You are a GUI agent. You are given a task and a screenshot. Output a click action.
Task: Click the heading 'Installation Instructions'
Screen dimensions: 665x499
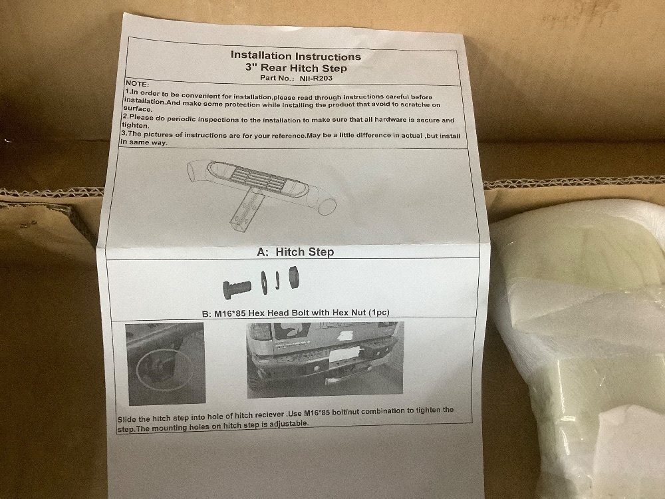pyautogui.click(x=296, y=56)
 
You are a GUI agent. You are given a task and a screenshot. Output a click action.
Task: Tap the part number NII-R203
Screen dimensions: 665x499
pyautogui.click(x=315, y=78)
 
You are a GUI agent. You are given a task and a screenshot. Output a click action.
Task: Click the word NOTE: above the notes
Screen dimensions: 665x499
pyautogui.click(x=136, y=84)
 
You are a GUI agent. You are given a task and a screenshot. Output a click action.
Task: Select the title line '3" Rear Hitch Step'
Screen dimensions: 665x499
pyautogui.click(x=296, y=67)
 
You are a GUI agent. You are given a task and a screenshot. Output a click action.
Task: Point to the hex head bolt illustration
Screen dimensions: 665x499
pyautogui.click(x=237, y=289)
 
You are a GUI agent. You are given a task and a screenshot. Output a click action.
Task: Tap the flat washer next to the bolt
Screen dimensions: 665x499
pyautogui.click(x=264, y=282)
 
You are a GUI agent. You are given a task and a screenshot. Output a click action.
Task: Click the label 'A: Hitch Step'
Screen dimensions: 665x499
pyautogui.click(x=295, y=252)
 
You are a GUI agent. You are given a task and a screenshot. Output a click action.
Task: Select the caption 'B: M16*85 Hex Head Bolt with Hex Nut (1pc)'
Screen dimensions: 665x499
pyautogui.click(x=296, y=313)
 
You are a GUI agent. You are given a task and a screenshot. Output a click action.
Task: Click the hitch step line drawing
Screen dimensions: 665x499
pyautogui.click(x=261, y=190)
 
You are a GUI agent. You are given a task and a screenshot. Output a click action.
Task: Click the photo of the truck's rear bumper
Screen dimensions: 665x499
pyautogui.click(x=325, y=359)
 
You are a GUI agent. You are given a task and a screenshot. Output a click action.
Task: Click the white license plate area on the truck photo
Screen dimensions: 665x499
pyautogui.click(x=344, y=355)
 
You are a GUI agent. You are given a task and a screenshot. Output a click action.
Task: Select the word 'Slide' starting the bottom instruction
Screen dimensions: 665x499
pyautogui.click(x=126, y=420)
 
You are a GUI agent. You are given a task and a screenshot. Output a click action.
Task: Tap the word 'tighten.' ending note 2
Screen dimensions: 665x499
pyautogui.click(x=135, y=126)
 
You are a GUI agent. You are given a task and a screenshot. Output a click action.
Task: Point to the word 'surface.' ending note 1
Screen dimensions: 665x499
pyautogui.click(x=138, y=108)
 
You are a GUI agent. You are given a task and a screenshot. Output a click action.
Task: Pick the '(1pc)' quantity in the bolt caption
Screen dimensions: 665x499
pyautogui.click(x=379, y=312)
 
